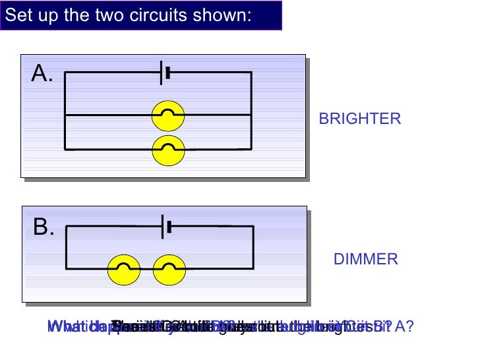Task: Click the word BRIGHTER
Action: pos(359,119)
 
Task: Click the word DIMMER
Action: pos(366,259)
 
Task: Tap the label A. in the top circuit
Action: pos(43,75)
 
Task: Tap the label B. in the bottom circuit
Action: pos(44,228)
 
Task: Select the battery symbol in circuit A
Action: pos(165,73)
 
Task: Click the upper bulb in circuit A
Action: pos(168,115)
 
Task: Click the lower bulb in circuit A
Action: pos(168,150)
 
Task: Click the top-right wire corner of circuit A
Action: pos(251,73)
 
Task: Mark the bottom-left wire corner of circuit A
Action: pos(65,150)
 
